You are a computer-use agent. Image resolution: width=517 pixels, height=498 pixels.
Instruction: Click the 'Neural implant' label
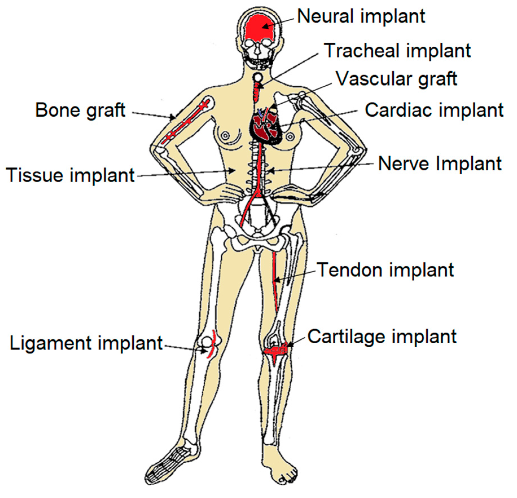361,16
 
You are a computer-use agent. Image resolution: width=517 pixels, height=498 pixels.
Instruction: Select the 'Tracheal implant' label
397,51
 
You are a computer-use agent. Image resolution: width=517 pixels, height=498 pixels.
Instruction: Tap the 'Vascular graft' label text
396,79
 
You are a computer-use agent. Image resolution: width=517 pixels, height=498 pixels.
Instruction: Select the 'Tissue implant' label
70,175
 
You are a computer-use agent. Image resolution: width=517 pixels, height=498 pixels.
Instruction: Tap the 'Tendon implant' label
385,270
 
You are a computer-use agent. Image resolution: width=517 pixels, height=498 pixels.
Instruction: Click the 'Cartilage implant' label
382,336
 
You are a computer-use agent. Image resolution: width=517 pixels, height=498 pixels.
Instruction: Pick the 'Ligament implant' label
86,343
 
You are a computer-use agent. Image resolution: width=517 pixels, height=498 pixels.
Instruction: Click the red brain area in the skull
259,30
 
